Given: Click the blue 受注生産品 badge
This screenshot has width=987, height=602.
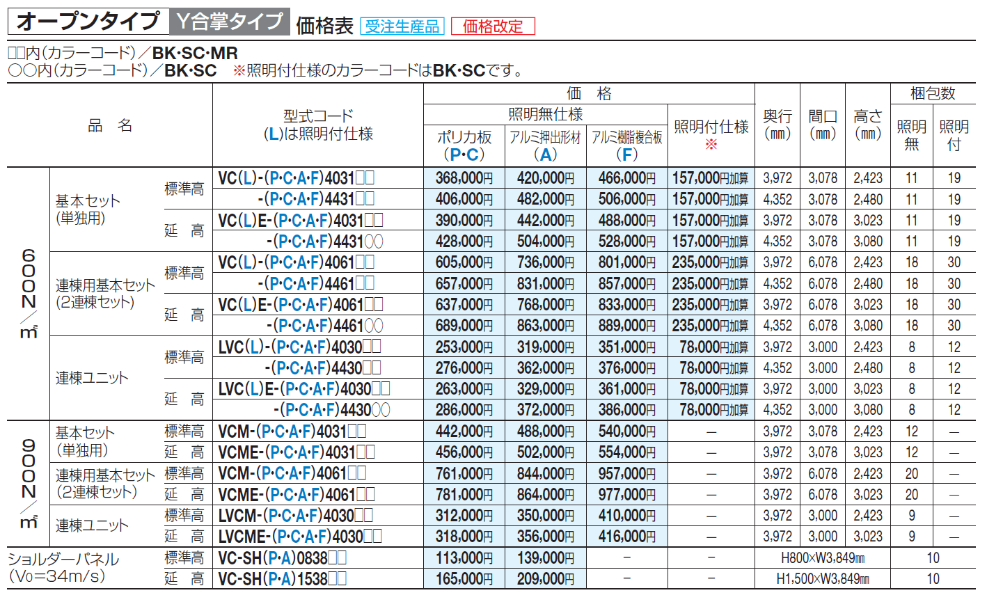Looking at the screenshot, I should [402, 26].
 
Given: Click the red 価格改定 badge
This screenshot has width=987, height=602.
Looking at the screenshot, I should [493, 26].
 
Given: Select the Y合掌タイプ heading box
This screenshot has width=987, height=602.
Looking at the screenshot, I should [230, 22].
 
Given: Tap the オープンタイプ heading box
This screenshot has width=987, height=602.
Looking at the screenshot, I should [88, 22].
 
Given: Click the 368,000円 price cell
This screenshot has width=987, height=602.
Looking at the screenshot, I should [464, 178].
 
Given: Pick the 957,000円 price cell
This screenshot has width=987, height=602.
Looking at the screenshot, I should [626, 474].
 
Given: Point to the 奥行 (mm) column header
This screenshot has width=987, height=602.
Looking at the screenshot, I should [777, 125].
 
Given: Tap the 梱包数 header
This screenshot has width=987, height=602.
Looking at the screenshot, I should [933, 93].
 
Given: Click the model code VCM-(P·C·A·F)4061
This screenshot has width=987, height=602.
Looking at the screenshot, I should [292, 474].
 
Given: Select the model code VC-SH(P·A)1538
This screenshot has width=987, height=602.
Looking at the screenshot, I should [283, 579].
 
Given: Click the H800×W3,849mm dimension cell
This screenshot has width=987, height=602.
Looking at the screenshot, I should [822, 558].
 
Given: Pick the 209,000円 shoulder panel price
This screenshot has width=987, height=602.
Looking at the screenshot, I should [545, 579].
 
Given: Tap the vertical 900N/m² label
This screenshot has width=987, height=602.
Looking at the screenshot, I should [28, 483].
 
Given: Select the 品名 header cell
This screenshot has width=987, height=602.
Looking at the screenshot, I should [109, 125].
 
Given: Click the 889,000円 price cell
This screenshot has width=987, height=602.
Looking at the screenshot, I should [626, 326].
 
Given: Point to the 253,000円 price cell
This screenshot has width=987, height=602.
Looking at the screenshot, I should [464, 347].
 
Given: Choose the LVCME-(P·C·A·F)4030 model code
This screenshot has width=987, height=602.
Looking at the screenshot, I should [300, 537].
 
